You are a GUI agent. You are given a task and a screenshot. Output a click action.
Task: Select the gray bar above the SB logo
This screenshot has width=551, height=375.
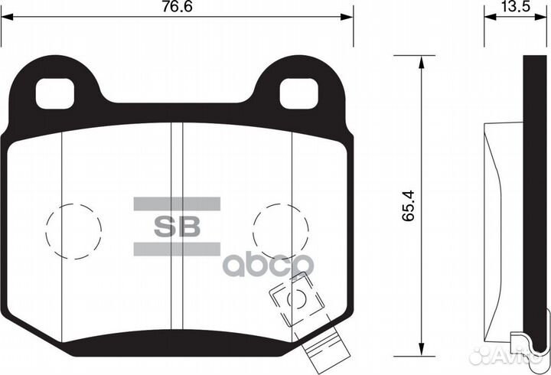point(177,204)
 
